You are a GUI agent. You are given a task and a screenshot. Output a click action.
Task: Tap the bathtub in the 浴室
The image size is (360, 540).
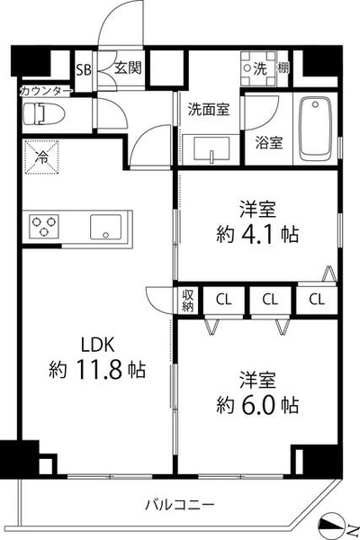click(x=315, y=129)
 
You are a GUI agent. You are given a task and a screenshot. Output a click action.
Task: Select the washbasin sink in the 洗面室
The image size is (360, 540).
click(x=211, y=148)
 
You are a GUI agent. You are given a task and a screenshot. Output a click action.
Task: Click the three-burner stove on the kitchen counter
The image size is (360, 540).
click(x=44, y=226)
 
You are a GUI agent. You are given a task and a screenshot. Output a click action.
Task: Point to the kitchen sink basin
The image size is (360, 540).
click(x=106, y=227)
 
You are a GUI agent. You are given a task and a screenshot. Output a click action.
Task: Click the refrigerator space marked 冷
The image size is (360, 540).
click(x=41, y=157)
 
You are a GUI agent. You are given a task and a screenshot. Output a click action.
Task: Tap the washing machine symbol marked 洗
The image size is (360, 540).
click(x=258, y=68)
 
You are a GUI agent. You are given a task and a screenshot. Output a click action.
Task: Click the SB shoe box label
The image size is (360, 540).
click(x=84, y=70)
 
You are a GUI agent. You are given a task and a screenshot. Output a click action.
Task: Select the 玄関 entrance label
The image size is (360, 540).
click(x=128, y=67)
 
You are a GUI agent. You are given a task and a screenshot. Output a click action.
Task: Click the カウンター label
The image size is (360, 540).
click(x=46, y=91)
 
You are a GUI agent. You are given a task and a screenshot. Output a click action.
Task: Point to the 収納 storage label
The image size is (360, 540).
click(x=188, y=301)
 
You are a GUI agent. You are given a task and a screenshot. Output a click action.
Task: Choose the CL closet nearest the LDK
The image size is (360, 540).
click(x=224, y=300)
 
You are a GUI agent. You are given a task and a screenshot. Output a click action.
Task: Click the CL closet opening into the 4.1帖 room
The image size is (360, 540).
click(x=317, y=300)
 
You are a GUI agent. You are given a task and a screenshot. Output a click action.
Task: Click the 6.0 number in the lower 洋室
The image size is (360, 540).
click(x=258, y=405)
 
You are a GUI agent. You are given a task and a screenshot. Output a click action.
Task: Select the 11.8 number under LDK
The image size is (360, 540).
click(x=97, y=370)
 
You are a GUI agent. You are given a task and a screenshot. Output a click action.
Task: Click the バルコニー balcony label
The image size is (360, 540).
click(x=180, y=505)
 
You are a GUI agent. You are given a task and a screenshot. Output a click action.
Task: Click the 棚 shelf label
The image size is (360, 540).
click(x=283, y=68)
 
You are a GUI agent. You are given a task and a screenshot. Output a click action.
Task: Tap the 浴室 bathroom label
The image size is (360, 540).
click(x=269, y=142)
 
